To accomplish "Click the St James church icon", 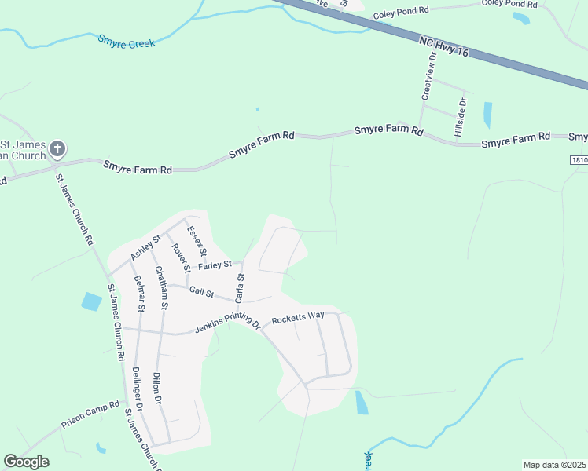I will tap(57, 148).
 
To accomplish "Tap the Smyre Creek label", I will tap(127, 41).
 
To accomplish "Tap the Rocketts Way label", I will tap(298, 318).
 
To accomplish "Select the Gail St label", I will tap(202, 292).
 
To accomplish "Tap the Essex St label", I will tap(197, 241).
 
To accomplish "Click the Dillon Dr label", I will tap(157, 387).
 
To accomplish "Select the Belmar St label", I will tap(140, 294).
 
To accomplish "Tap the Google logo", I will tap(26, 462).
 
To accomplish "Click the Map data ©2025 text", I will tap(553, 465).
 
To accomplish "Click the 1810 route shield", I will tap(579, 159).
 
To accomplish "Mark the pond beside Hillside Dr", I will tap(487, 115).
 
